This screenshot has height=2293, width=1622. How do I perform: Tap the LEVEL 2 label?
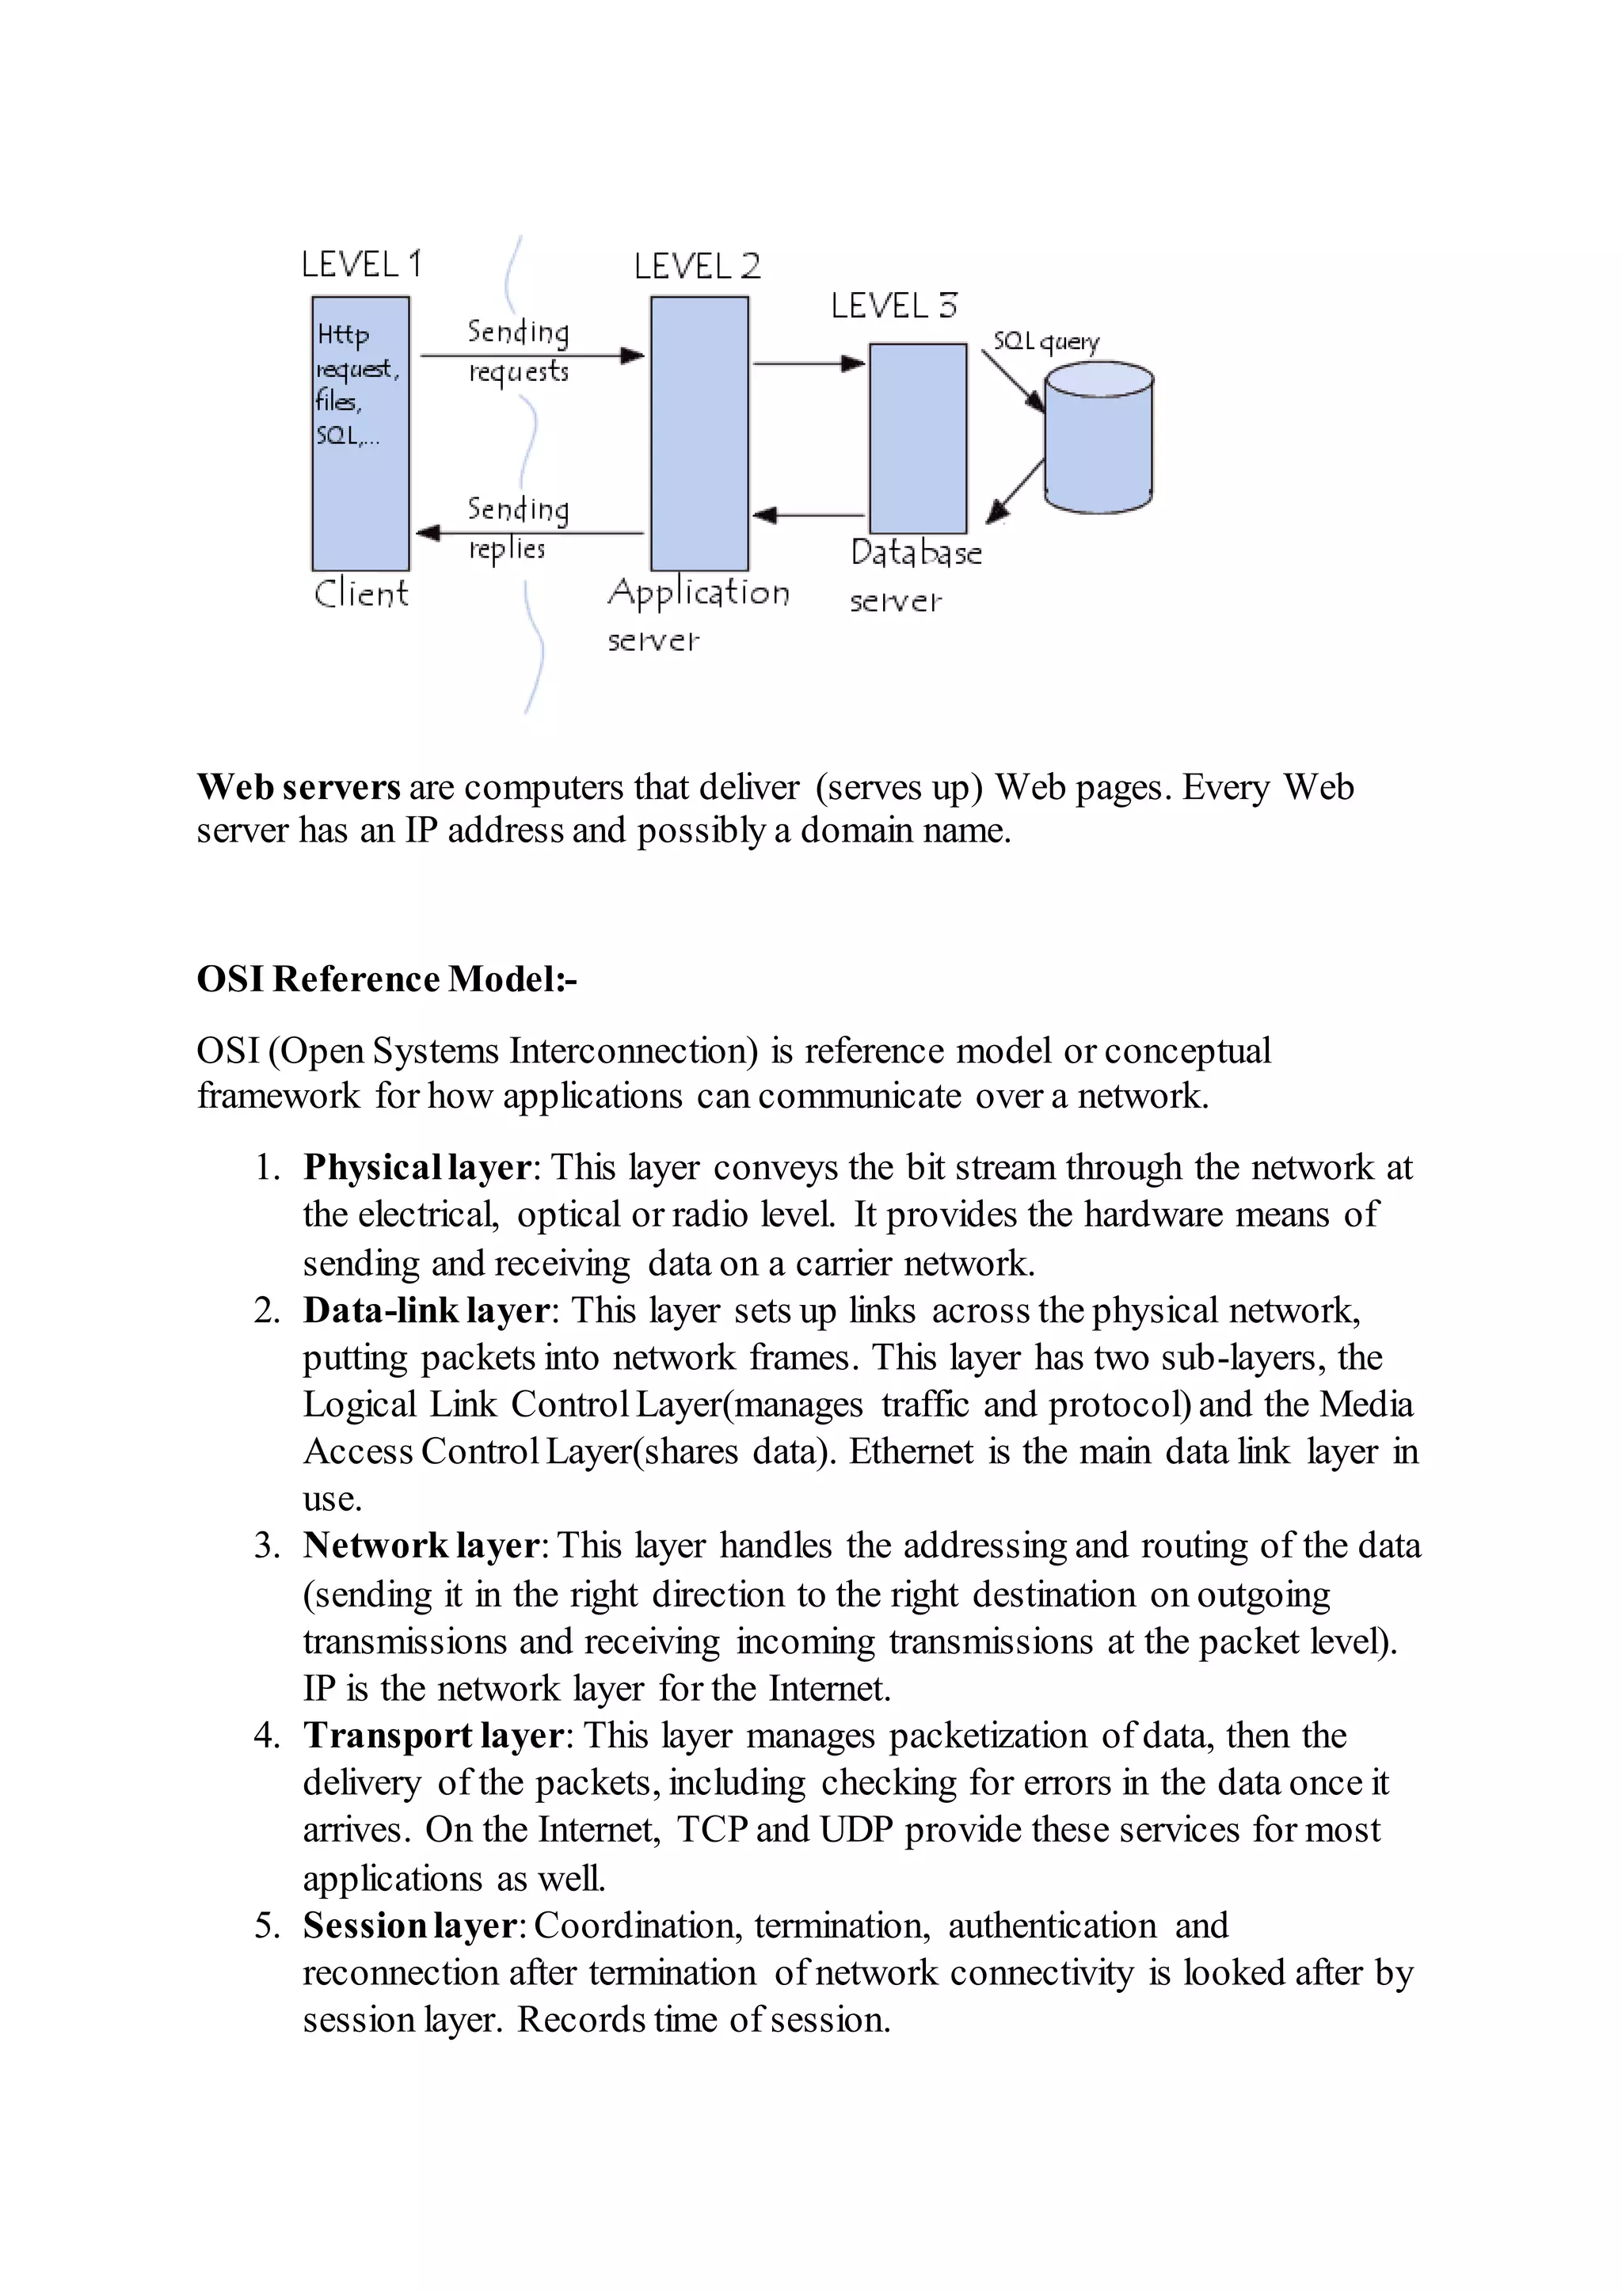coord(697,266)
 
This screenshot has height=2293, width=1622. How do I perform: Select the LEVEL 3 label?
coord(894,306)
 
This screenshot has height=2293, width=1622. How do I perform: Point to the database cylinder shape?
coord(1098,439)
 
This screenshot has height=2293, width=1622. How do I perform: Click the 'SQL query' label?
coord(1045,341)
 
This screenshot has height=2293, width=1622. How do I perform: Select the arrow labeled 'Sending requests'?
coord(531,356)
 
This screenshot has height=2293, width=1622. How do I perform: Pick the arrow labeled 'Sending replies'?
coord(529,534)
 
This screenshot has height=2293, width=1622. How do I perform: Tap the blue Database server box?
coord(918,439)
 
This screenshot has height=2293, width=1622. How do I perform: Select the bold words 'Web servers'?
coord(299,787)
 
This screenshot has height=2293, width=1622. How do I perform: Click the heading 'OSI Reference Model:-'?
coord(386,979)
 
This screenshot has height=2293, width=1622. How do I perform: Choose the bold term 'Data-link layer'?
coord(426,1310)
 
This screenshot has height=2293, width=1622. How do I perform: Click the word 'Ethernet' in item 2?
coord(911,1451)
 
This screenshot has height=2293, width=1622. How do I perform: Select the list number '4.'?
coord(267,1736)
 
